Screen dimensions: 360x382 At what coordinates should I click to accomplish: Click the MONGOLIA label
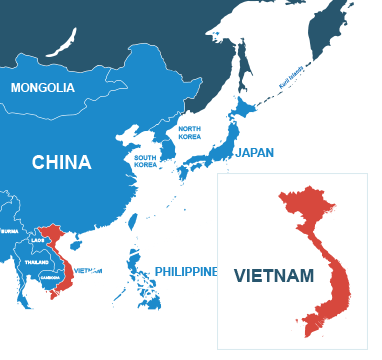(x=42, y=88)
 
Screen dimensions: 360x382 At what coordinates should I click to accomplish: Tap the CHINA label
(x=61, y=162)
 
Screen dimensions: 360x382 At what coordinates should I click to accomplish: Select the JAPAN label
(x=253, y=153)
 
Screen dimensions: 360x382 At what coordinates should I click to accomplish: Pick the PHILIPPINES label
(x=185, y=271)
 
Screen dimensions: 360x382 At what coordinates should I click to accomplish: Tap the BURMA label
(x=10, y=230)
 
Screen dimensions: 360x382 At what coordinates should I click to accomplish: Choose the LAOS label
(x=38, y=241)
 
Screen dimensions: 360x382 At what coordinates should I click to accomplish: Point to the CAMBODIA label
(x=47, y=277)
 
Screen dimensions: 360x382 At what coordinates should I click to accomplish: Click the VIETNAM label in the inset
(x=274, y=275)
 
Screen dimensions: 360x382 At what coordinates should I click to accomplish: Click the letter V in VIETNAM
(x=239, y=275)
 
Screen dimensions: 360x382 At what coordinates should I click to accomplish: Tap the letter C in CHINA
(x=38, y=162)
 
